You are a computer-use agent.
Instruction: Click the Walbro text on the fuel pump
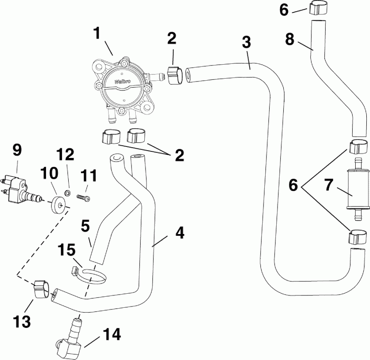(x=123, y=81)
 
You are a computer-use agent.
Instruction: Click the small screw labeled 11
(x=84, y=197)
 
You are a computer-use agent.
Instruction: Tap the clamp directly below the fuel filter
(x=356, y=238)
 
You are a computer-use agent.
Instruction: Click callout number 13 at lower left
(x=23, y=321)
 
